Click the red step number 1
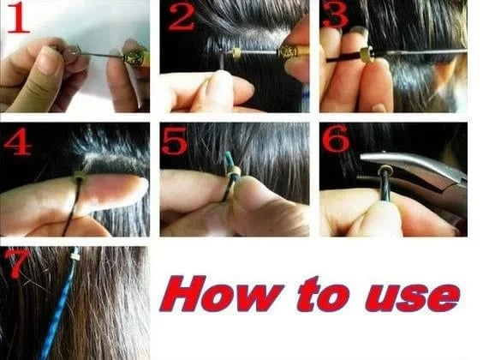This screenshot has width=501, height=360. tap(18, 18)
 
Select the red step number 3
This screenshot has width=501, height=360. tap(335, 15)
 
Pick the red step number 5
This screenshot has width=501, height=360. tap(174, 141)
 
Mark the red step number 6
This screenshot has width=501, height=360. tap(336, 138)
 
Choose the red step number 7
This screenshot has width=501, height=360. tap(16, 263)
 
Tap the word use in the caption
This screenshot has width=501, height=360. tap(413, 297)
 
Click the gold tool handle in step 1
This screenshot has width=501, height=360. tap(137, 58)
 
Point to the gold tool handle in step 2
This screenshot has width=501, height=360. tap(293, 51)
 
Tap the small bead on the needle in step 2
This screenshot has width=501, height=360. tap(236, 53)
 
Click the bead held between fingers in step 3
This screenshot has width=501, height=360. tap(367, 54)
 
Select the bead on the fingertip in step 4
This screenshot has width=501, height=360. tap(80, 177)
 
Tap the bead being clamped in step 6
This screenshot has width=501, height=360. tap(385, 170)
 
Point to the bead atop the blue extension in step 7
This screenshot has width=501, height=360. tap(75, 256)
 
